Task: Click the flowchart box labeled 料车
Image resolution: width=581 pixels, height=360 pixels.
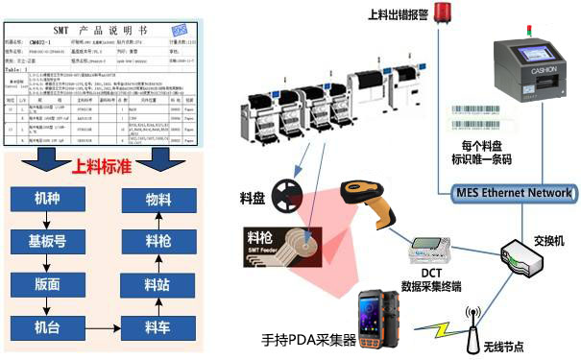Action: tap(157, 327)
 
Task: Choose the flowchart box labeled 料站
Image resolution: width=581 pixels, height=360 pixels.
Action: tap(157, 283)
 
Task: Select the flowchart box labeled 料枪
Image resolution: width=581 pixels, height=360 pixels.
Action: tap(157, 241)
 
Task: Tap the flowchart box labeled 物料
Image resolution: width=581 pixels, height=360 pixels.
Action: tap(157, 200)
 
